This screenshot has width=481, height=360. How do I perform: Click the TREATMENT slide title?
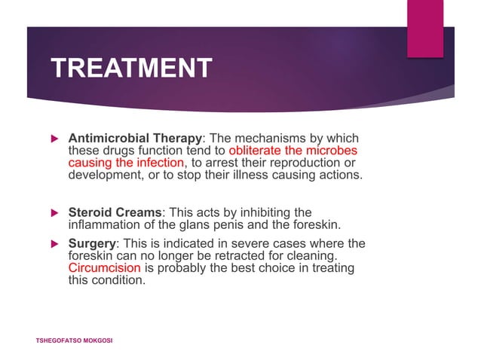tap(131, 69)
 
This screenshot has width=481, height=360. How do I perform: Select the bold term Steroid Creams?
tap(114, 213)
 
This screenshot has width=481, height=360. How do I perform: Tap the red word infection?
tap(159, 163)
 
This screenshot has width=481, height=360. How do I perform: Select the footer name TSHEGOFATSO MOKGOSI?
tap(74, 341)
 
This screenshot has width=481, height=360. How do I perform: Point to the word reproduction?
tap(302, 163)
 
